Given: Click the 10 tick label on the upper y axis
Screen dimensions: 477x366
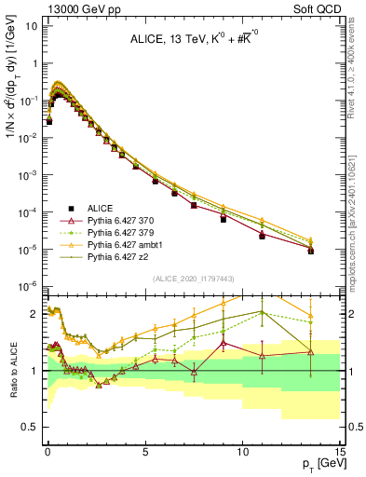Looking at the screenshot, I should coord(28,26).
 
